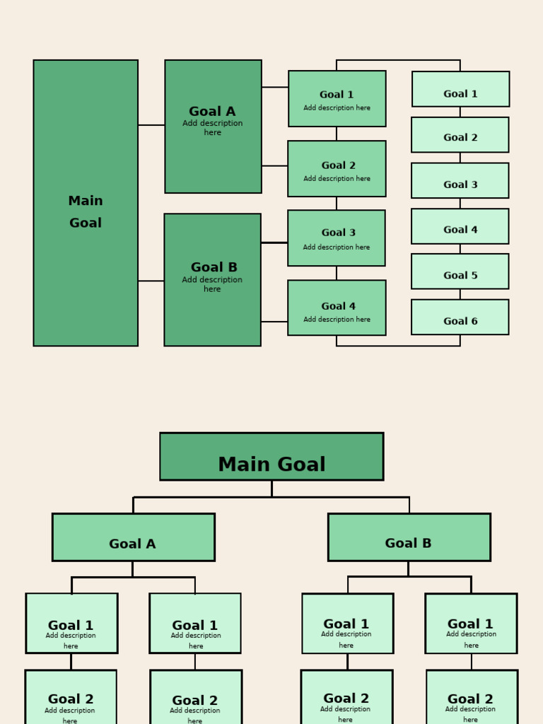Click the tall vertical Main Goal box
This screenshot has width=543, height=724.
coord(86,203)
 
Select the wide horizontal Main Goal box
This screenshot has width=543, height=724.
coord(271,457)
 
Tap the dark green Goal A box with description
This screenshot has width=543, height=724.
coord(213,127)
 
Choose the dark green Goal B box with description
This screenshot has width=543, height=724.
coord(212,280)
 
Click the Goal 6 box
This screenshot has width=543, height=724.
coord(460,317)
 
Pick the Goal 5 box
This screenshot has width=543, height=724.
coord(460,271)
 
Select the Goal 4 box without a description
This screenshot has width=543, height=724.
coord(460,226)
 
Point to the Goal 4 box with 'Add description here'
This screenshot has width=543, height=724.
coord(337,308)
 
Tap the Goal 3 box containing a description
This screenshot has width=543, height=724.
coord(337,238)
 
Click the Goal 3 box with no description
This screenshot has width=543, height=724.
coord(460,181)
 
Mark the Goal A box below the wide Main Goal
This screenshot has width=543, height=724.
coord(133,537)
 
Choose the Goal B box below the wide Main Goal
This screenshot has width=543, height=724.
coord(409,537)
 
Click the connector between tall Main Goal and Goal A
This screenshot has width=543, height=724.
coord(151,125)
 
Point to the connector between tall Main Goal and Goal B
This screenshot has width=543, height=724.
coord(151,281)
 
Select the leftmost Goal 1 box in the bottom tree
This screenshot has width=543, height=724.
coord(71,623)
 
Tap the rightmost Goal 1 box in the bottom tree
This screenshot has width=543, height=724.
coord(471,623)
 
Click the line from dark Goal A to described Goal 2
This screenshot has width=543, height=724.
coord(274,166)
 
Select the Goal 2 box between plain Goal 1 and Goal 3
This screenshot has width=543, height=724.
coord(460,135)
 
